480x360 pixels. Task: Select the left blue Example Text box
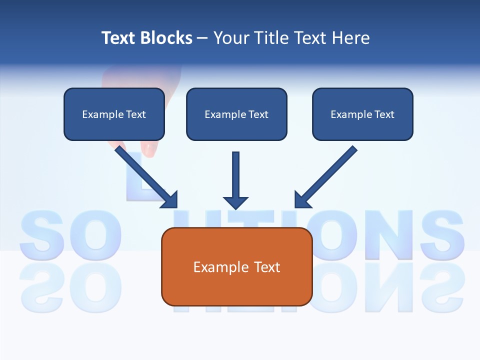114,114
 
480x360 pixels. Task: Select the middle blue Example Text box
236,114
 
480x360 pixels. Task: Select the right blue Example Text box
362,114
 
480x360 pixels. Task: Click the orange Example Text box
236,266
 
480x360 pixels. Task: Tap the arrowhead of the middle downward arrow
235,202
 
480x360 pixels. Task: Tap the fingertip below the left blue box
148,148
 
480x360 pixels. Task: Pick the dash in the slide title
202,38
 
